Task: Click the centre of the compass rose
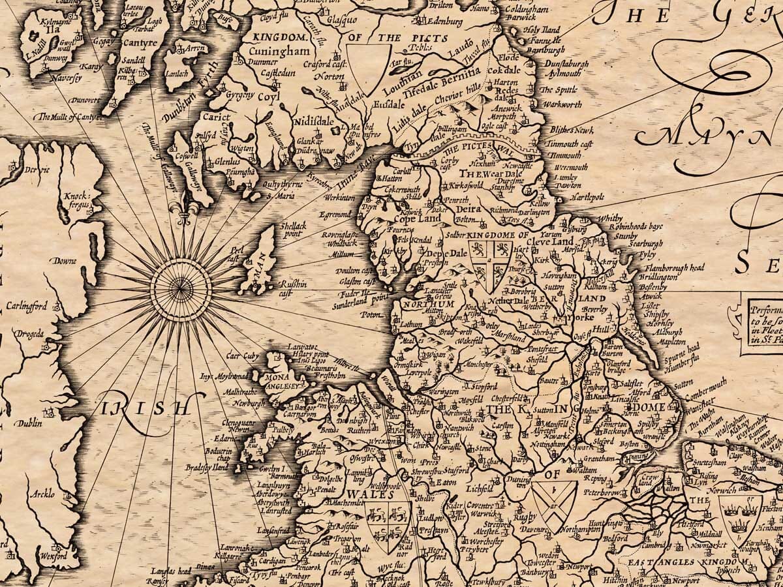[x=181, y=285]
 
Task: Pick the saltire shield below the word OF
[x=553, y=500]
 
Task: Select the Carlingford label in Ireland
[x=27, y=306]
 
